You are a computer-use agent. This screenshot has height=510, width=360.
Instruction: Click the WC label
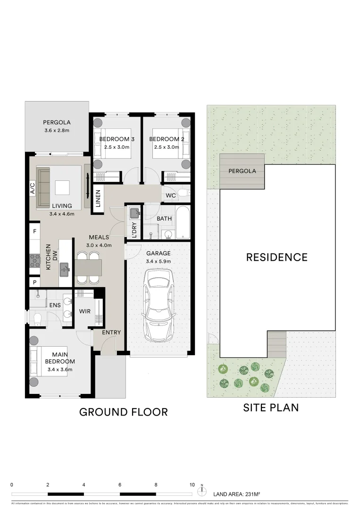[x=171, y=195]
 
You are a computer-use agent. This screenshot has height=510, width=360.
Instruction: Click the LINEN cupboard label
[x=98, y=198]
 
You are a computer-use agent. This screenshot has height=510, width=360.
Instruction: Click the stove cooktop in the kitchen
[x=35, y=261]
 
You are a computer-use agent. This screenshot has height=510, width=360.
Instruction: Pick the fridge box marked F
[x=35, y=231]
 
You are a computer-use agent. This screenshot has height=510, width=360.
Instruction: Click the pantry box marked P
[x=35, y=282]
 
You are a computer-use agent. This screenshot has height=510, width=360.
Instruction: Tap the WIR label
[x=85, y=311]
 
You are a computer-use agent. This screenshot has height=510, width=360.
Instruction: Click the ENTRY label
[x=111, y=332]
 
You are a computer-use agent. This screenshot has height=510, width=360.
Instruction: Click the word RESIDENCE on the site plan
[x=276, y=257]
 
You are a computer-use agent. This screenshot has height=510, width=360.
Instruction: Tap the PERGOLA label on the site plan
[x=242, y=171]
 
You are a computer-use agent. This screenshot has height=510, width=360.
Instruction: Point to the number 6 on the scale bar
[x=120, y=485]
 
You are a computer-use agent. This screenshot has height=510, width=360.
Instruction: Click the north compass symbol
[x=202, y=490]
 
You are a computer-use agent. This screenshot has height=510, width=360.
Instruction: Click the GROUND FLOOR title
[x=123, y=412]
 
